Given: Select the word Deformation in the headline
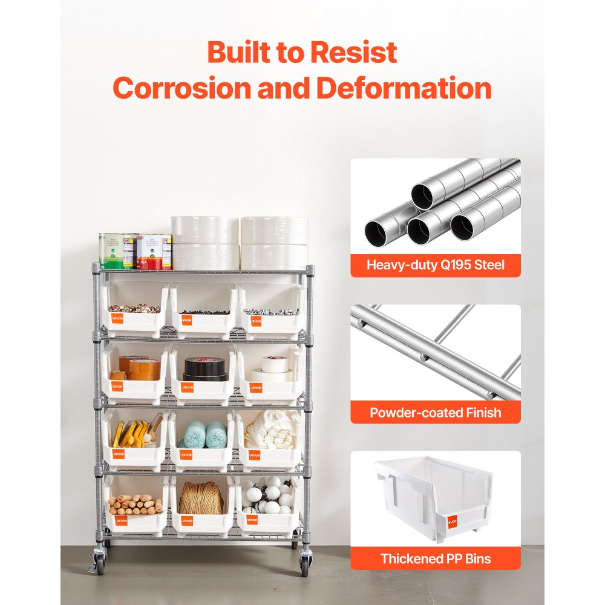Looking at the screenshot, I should [404, 88].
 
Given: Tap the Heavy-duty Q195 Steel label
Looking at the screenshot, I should [435, 264].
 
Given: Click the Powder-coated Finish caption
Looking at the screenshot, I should [435, 413].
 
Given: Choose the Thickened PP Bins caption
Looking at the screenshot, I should [435, 558].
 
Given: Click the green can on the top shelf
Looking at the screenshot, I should [111, 250].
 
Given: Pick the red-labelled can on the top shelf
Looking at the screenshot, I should [149, 252].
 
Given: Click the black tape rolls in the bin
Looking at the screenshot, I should [204, 367].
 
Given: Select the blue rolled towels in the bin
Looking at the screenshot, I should [206, 434].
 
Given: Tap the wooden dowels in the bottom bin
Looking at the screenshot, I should [135, 503].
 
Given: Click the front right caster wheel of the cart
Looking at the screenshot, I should [304, 564].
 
